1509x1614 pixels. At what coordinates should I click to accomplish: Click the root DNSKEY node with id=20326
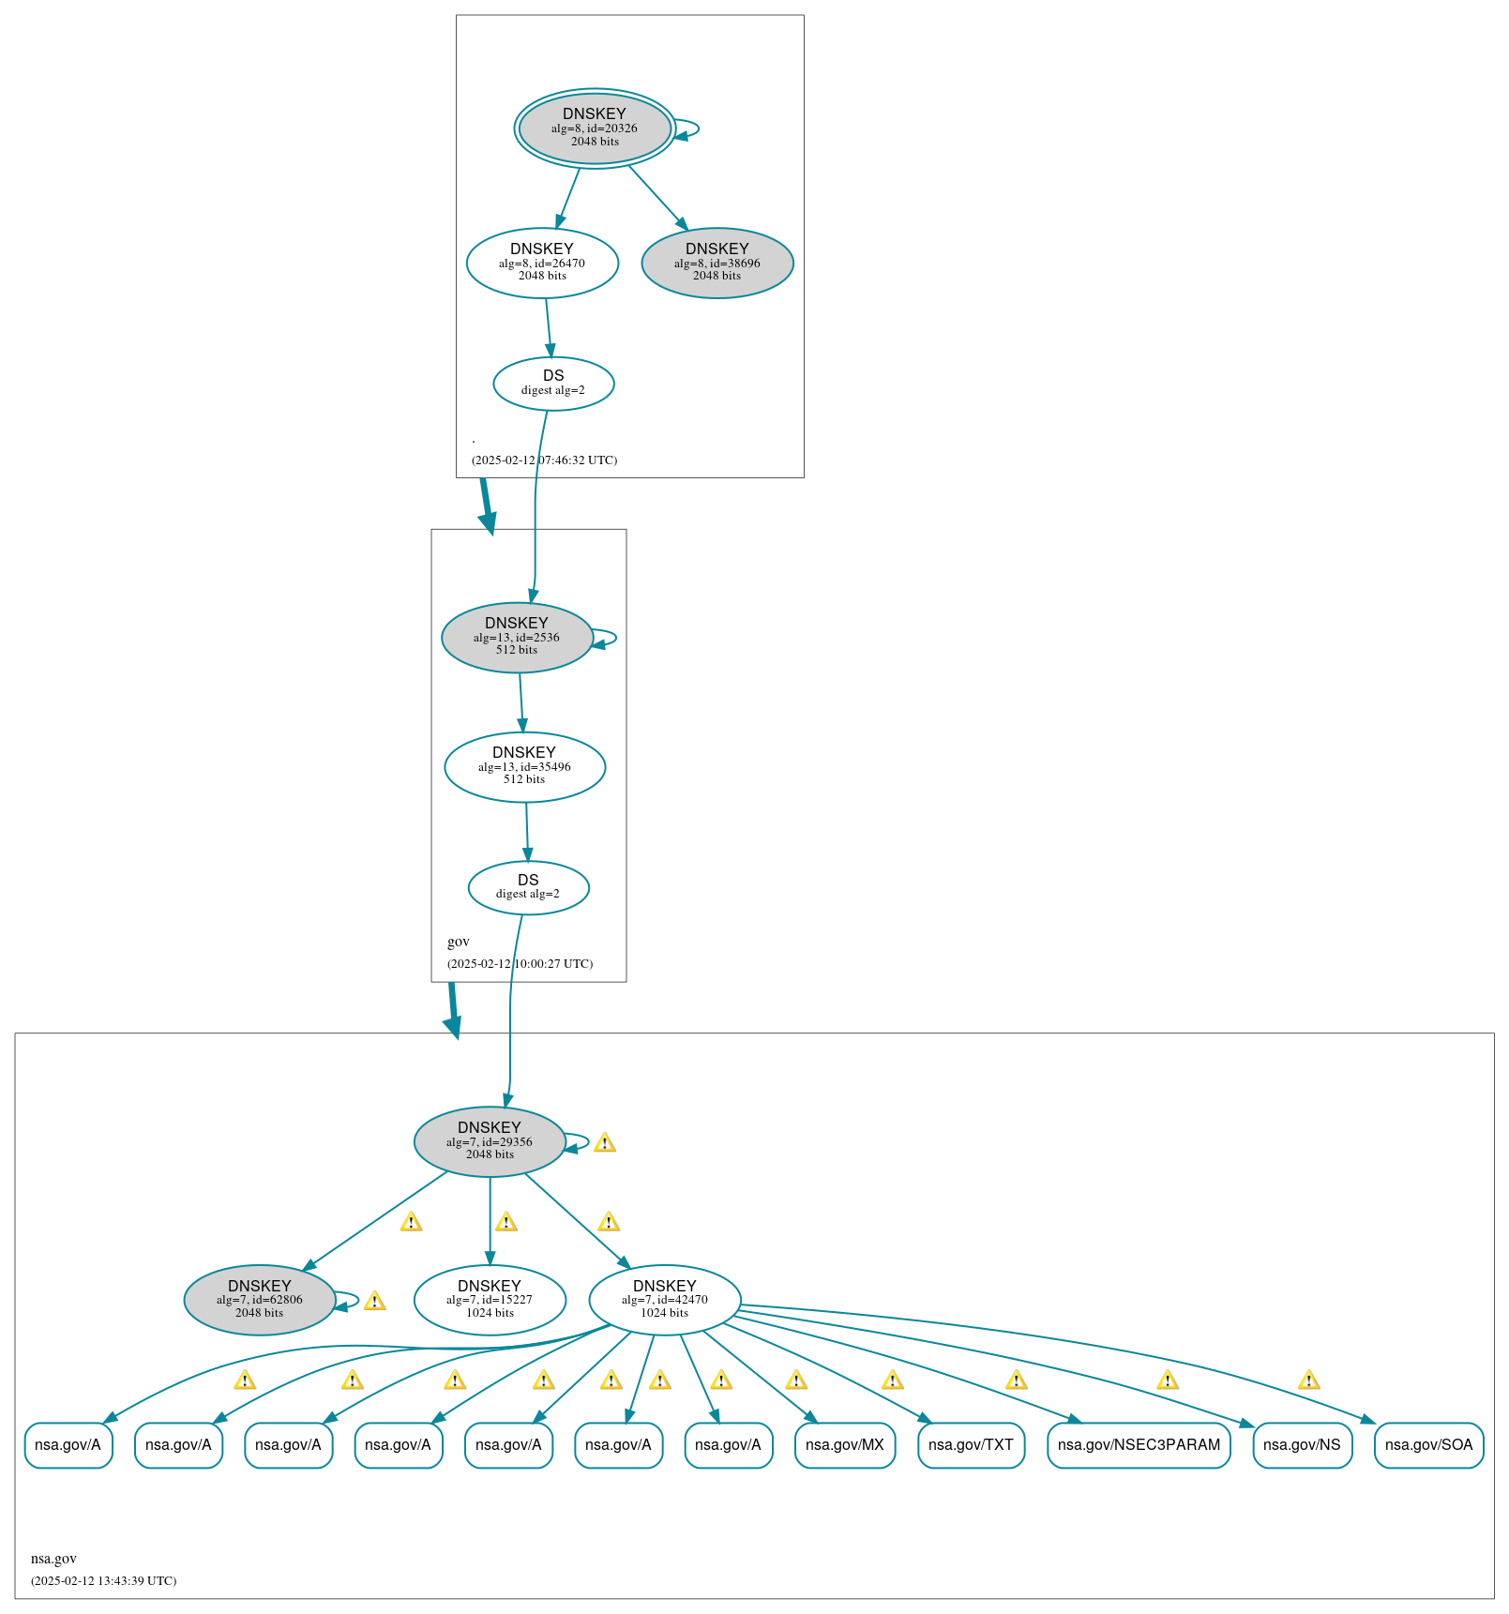[594, 128]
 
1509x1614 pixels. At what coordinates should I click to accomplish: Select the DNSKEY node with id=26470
[542, 263]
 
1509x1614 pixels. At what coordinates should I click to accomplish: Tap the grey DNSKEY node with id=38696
[717, 263]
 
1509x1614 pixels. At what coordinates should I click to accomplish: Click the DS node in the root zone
[553, 383]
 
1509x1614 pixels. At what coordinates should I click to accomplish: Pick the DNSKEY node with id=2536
[517, 637]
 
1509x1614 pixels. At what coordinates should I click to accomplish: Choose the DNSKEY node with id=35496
[524, 766]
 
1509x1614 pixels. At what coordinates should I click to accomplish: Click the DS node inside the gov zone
[528, 887]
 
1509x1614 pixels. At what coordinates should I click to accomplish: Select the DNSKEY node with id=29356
[490, 1141]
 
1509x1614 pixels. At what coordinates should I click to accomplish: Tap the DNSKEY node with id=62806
[260, 1300]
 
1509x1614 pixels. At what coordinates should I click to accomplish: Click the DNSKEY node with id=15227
[490, 1300]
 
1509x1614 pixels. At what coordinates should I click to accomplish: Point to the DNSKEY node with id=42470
[664, 1300]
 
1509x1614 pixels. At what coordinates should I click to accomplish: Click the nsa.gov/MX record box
[844, 1445]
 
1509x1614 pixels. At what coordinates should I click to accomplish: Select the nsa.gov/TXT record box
[971, 1445]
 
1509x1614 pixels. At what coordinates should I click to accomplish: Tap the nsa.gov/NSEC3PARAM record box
[1139, 1445]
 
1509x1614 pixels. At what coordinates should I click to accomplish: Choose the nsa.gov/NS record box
[1302, 1445]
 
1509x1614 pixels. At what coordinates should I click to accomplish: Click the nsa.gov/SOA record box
[1428, 1445]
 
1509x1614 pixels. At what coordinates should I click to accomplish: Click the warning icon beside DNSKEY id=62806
[374, 1301]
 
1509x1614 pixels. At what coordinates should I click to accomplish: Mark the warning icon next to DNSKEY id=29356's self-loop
[605, 1142]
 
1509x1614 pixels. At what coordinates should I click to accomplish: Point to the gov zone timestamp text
[520, 964]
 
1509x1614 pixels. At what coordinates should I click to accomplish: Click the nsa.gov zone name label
[53, 1559]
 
